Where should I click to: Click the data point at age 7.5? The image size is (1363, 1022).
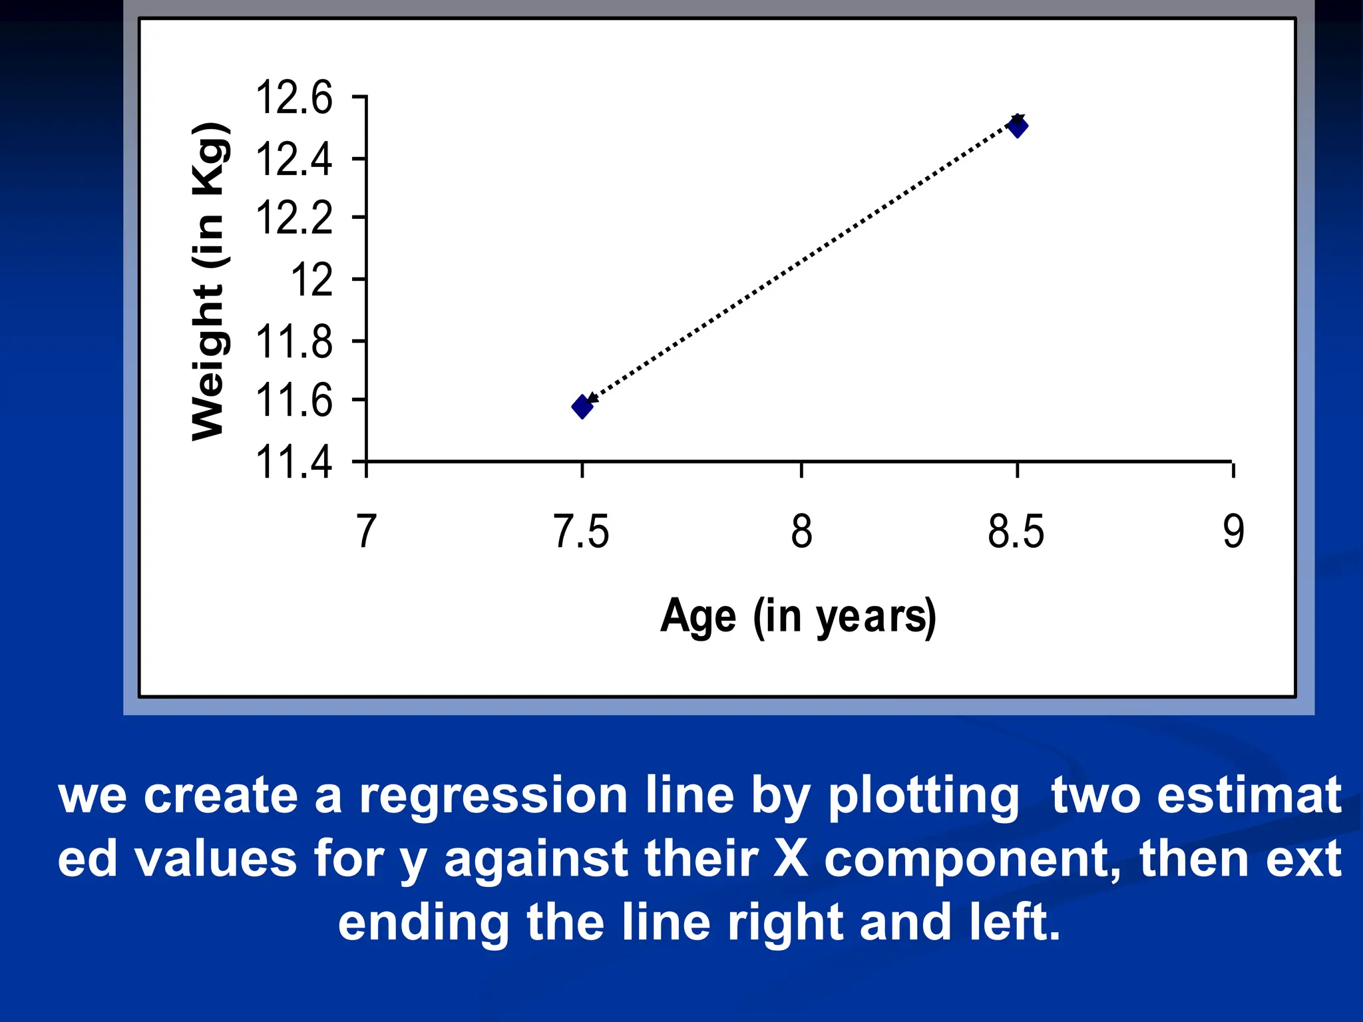tap(582, 407)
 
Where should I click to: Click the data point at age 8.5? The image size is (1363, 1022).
tap(1018, 126)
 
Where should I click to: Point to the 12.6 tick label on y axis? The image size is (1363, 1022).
tap(293, 98)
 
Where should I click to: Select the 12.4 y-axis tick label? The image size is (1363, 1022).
tap(293, 160)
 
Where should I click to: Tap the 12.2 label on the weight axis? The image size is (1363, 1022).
tap(293, 218)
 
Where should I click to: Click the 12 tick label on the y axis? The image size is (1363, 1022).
tap(311, 279)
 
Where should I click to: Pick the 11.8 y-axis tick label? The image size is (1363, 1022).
tap(293, 342)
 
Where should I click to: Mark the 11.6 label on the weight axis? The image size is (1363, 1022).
tap(293, 401)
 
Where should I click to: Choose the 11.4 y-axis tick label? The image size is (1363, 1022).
tap(293, 462)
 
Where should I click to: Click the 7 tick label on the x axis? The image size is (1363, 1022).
tap(366, 532)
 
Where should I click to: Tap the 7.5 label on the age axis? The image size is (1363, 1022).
tap(581, 532)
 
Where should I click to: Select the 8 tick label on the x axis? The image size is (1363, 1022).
tap(801, 532)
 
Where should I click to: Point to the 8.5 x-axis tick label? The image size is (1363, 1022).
tap(1016, 532)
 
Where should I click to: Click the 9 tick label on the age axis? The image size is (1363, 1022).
tap(1233, 532)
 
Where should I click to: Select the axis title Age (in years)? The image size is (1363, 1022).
tap(798, 616)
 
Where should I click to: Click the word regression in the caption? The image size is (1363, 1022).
tap(493, 796)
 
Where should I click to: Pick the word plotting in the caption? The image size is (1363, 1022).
tap(923, 796)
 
